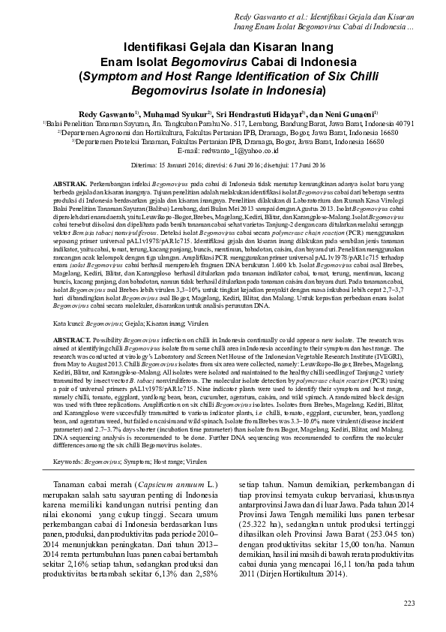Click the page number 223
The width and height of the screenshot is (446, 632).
tap(409, 603)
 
